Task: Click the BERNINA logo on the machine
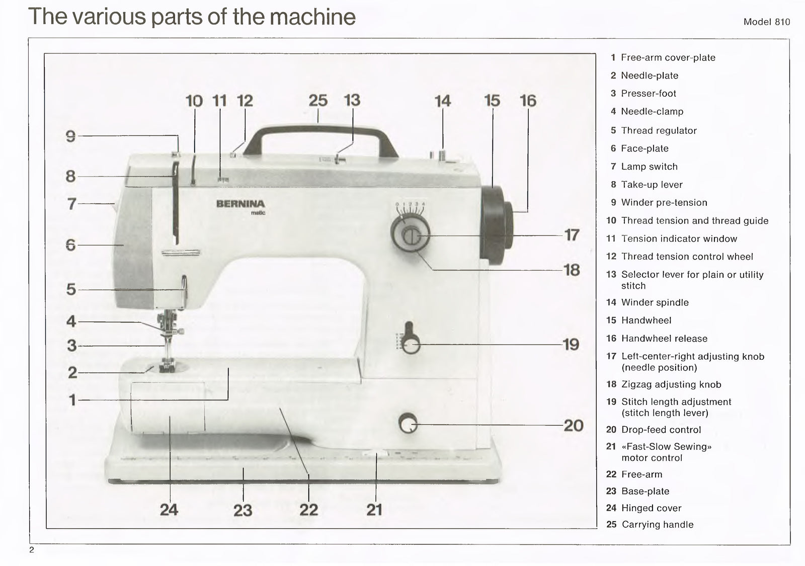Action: click(240, 204)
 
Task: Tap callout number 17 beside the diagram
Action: click(572, 235)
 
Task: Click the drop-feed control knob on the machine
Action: click(408, 424)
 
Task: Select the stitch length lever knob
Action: click(411, 345)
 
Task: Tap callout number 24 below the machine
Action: click(169, 510)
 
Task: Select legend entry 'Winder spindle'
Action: click(655, 302)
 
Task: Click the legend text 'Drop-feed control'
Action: click(661, 430)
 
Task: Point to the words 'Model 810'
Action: click(766, 22)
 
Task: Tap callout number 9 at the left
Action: click(71, 136)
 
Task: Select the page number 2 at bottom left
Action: click(32, 549)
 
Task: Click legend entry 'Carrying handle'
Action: click(657, 524)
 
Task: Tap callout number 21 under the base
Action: click(374, 510)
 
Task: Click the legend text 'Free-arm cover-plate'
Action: click(668, 57)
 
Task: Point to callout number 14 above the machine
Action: click(442, 101)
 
